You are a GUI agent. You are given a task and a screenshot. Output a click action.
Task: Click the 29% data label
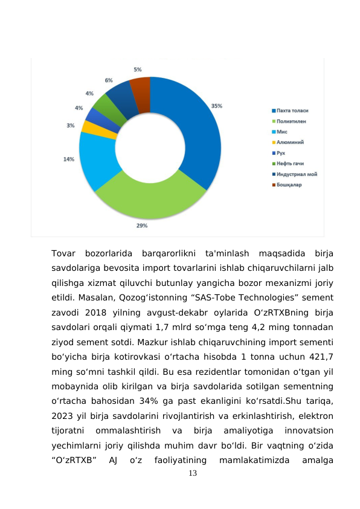(142, 225)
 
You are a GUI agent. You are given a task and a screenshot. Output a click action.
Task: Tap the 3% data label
(71, 126)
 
